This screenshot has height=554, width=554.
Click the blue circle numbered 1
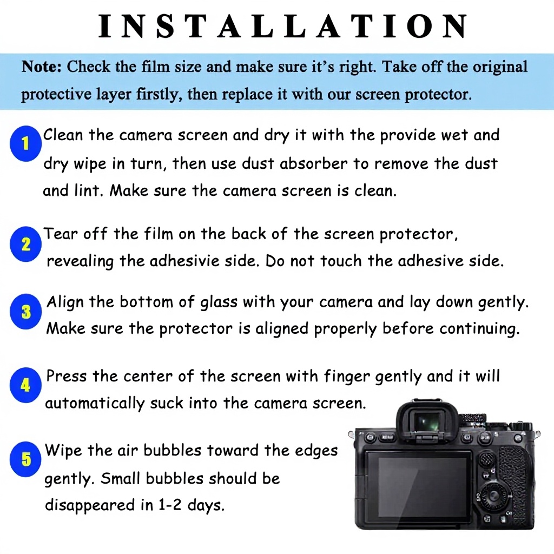pyautogui.click(x=25, y=143)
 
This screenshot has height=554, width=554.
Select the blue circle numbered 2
pyautogui.click(x=25, y=244)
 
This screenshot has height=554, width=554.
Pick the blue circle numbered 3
pyautogui.click(x=25, y=312)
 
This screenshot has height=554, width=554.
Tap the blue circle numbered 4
pyautogui.click(x=25, y=385)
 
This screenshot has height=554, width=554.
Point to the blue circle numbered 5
pyautogui.click(x=25, y=459)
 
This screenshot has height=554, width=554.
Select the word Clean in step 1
pyautogui.click(x=63, y=135)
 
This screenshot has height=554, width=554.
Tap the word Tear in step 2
pyautogui.click(x=61, y=234)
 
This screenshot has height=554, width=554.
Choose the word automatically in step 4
pyautogui.click(x=95, y=404)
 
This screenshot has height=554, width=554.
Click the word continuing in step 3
pyautogui.click(x=480, y=329)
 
